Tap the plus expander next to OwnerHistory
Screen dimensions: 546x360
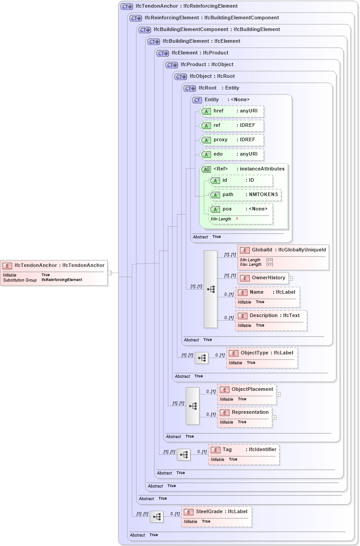pyautogui.click(x=291, y=278)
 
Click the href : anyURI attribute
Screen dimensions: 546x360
pyautogui.click(x=232, y=111)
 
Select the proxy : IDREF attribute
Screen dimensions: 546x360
pyautogui.click(x=232, y=140)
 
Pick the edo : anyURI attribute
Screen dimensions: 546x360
pyautogui.click(x=232, y=154)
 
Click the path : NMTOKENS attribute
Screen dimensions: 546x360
pyautogui.click(x=245, y=195)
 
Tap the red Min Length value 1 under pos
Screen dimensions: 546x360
pyautogui.click(x=237, y=219)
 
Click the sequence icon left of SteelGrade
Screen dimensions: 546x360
pyautogui.click(x=157, y=517)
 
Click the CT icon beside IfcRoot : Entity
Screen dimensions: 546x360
pyautogui.click(x=190, y=88)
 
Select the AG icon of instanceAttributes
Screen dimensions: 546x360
pyautogui.click(x=206, y=169)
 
